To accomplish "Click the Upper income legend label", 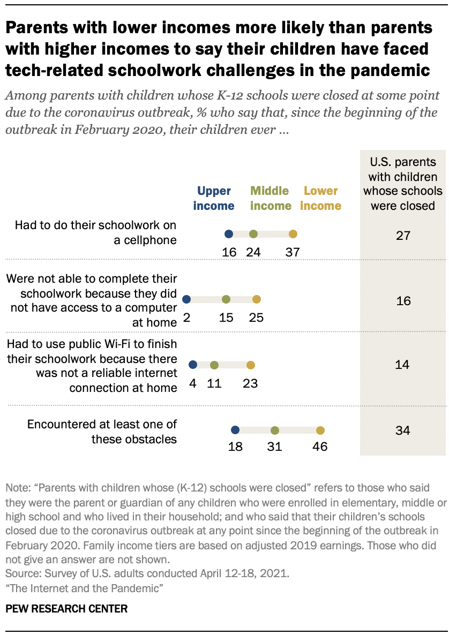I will tap(214, 198).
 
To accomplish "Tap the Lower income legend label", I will tap(321, 198).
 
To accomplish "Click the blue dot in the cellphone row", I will tap(229, 234).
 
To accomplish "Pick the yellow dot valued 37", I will tap(293, 234).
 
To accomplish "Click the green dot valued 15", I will tap(226, 299).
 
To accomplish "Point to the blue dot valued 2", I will tap(186, 299).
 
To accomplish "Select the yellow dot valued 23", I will tap(250, 365).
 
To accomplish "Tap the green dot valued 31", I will tap(275, 430).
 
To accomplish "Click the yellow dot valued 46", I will tap(320, 430).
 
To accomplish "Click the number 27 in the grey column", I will tap(403, 236).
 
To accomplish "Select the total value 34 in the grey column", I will tap(403, 430).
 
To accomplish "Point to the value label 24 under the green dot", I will tap(253, 252).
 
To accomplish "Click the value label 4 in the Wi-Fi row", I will tap(193, 383).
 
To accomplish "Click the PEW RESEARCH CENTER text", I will tap(67, 609).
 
